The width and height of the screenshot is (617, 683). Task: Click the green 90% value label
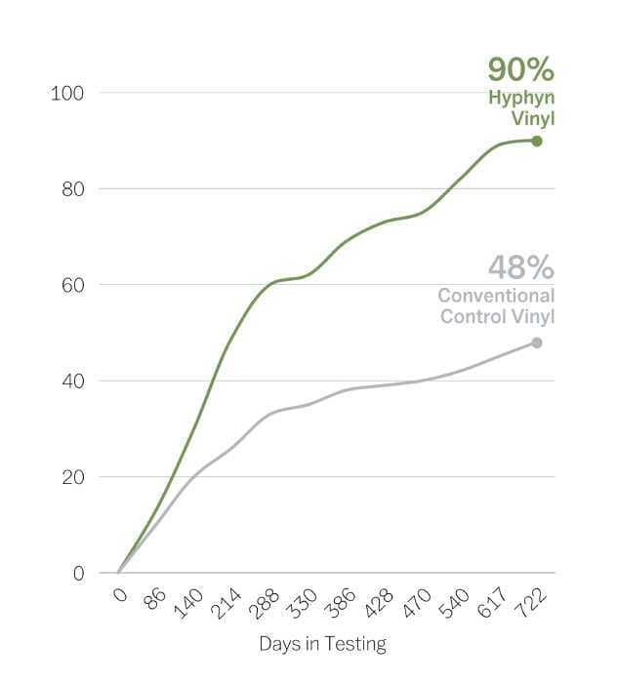click(520, 70)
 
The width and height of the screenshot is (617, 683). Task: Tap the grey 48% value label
click(520, 267)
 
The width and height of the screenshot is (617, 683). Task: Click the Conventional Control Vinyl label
click(496, 305)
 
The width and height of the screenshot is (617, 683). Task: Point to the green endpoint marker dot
click(537, 141)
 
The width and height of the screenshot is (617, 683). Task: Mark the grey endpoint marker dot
click(537, 342)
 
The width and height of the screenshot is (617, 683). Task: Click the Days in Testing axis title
click(322, 644)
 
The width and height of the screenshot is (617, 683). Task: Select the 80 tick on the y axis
click(71, 188)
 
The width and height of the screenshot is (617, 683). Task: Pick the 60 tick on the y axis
click(71, 285)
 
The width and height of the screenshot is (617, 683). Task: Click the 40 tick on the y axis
click(71, 381)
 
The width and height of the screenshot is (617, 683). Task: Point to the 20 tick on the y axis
click(71, 477)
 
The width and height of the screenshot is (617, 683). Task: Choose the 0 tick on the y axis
click(78, 573)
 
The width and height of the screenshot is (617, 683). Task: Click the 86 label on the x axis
click(154, 600)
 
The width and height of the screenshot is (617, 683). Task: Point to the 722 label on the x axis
click(535, 603)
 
